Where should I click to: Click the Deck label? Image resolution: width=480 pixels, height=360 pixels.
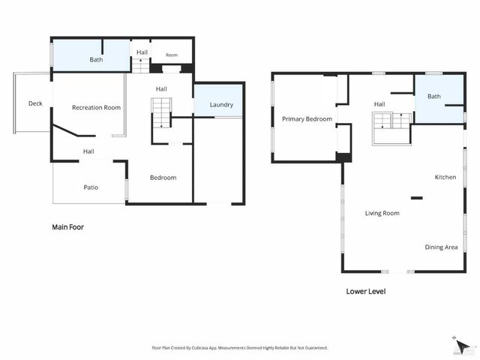tap(35, 103)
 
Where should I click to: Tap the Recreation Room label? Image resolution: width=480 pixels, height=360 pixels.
tap(96, 107)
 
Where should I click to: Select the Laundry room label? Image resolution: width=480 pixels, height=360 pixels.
tap(221, 105)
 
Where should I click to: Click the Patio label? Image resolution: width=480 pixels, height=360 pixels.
tap(91, 187)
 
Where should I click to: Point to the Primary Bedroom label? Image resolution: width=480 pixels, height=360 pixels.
tap(307, 118)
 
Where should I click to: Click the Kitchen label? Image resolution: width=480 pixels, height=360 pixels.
tap(445, 177)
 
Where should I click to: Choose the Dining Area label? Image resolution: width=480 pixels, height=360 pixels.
tap(441, 247)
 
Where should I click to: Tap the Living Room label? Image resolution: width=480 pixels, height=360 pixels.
tap(382, 213)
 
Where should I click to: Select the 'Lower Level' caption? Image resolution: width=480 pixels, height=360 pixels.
tap(365, 291)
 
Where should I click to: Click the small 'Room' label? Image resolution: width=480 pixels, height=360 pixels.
tap(172, 55)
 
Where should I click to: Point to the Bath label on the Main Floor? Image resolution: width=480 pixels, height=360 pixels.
tap(96, 59)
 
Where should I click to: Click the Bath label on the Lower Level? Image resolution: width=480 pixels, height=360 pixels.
tap(434, 97)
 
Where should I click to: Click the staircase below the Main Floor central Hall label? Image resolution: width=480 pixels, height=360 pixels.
tap(162, 114)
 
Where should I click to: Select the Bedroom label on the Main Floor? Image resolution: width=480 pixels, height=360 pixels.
tap(163, 177)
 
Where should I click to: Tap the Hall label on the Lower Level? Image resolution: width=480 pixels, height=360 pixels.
tap(379, 104)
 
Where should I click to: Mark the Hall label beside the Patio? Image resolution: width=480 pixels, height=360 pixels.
tap(88, 151)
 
